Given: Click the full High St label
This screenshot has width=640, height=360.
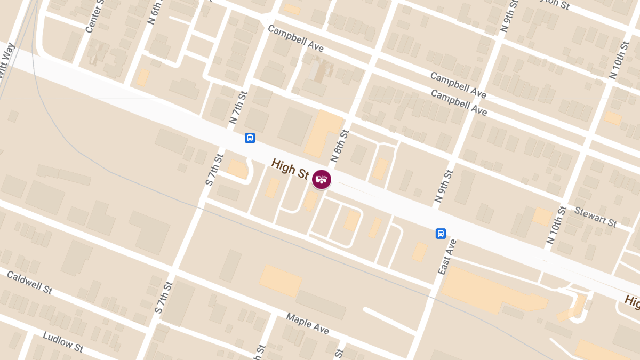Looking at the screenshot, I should coord(290,168).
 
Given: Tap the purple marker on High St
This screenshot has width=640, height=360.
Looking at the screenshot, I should coord(321,179).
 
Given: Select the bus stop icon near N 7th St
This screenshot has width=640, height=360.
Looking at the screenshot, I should coord(250,138).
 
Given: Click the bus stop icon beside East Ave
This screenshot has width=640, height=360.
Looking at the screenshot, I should coord(441,233).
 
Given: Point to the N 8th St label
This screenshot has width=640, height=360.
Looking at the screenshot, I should coord(339,146).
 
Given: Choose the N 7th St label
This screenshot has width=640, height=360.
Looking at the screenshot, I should coord(238,108).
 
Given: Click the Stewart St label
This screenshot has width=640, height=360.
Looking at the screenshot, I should coord(595,217).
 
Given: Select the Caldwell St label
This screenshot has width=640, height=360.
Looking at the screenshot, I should coord(30,282).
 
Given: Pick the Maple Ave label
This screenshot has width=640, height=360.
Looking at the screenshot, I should coord(307,324).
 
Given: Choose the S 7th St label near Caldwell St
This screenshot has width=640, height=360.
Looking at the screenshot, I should coord(163,298).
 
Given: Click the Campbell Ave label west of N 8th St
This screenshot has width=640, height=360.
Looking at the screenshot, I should coord(295,38).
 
